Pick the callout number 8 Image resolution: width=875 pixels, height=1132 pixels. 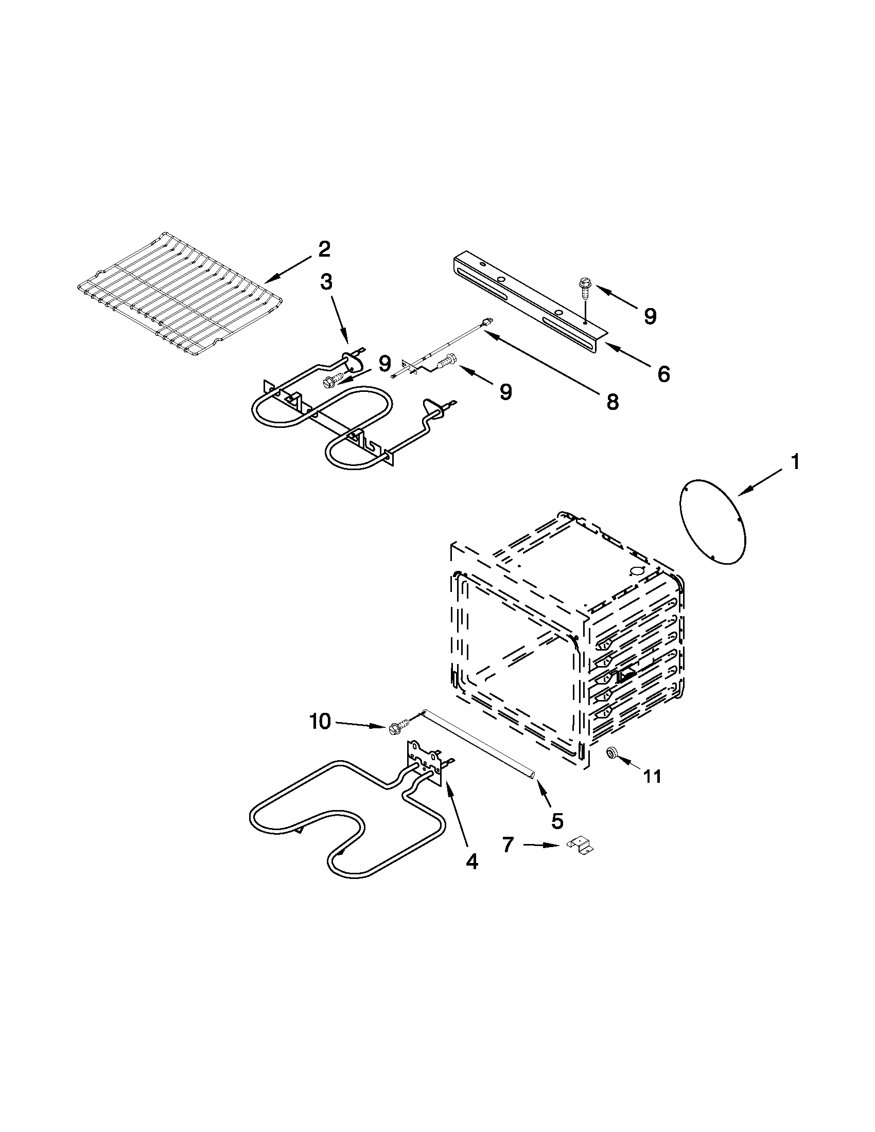tap(612, 401)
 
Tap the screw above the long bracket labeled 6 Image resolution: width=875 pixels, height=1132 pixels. tap(583, 289)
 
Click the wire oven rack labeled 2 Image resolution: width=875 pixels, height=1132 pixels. tap(177, 293)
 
